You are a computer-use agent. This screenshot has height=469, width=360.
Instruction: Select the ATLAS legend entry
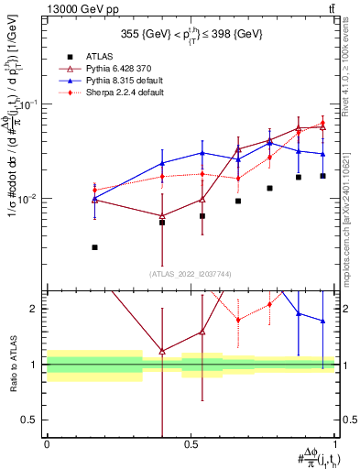click(x=111, y=57)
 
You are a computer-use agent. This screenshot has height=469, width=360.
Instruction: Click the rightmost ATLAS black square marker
click(x=322, y=176)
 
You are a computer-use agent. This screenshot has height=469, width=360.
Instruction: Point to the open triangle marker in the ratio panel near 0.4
click(x=162, y=351)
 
